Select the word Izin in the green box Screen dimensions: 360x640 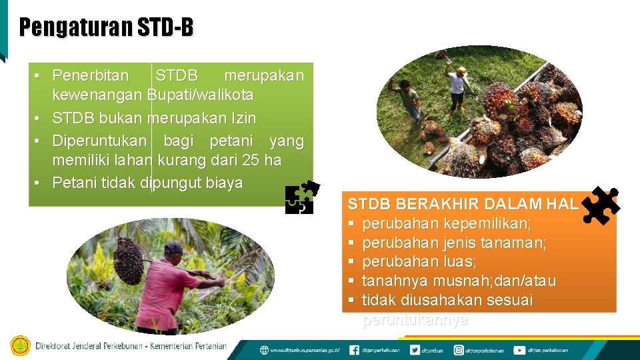241,118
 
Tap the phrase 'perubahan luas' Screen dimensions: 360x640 419,262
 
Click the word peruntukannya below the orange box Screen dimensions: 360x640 415,321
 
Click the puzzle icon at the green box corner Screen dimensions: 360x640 302,197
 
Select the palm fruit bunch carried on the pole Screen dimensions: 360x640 128,261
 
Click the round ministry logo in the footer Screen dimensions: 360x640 20,346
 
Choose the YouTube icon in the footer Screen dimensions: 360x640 519,350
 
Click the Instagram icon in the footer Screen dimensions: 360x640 459,350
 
